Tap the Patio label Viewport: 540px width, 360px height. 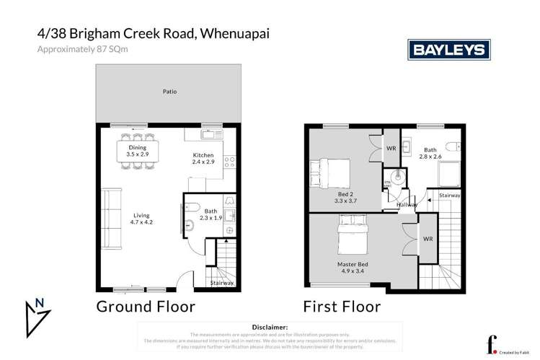[x=169, y=92]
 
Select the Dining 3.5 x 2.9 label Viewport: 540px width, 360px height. [x=136, y=152]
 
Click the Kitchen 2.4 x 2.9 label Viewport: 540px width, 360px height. [x=203, y=159]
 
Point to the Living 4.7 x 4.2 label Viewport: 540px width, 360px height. [x=141, y=219]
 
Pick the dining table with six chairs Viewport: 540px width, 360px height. [x=136, y=151]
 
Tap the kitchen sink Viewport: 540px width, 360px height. [x=208, y=133]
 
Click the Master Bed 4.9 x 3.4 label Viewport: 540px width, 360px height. [x=353, y=268]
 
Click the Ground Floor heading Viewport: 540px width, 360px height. [x=146, y=306]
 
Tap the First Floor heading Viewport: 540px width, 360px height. [x=342, y=306]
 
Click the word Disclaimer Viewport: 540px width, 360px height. [x=270, y=327]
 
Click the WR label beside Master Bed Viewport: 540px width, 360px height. [x=428, y=239]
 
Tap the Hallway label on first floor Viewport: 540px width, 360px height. [x=407, y=206]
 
